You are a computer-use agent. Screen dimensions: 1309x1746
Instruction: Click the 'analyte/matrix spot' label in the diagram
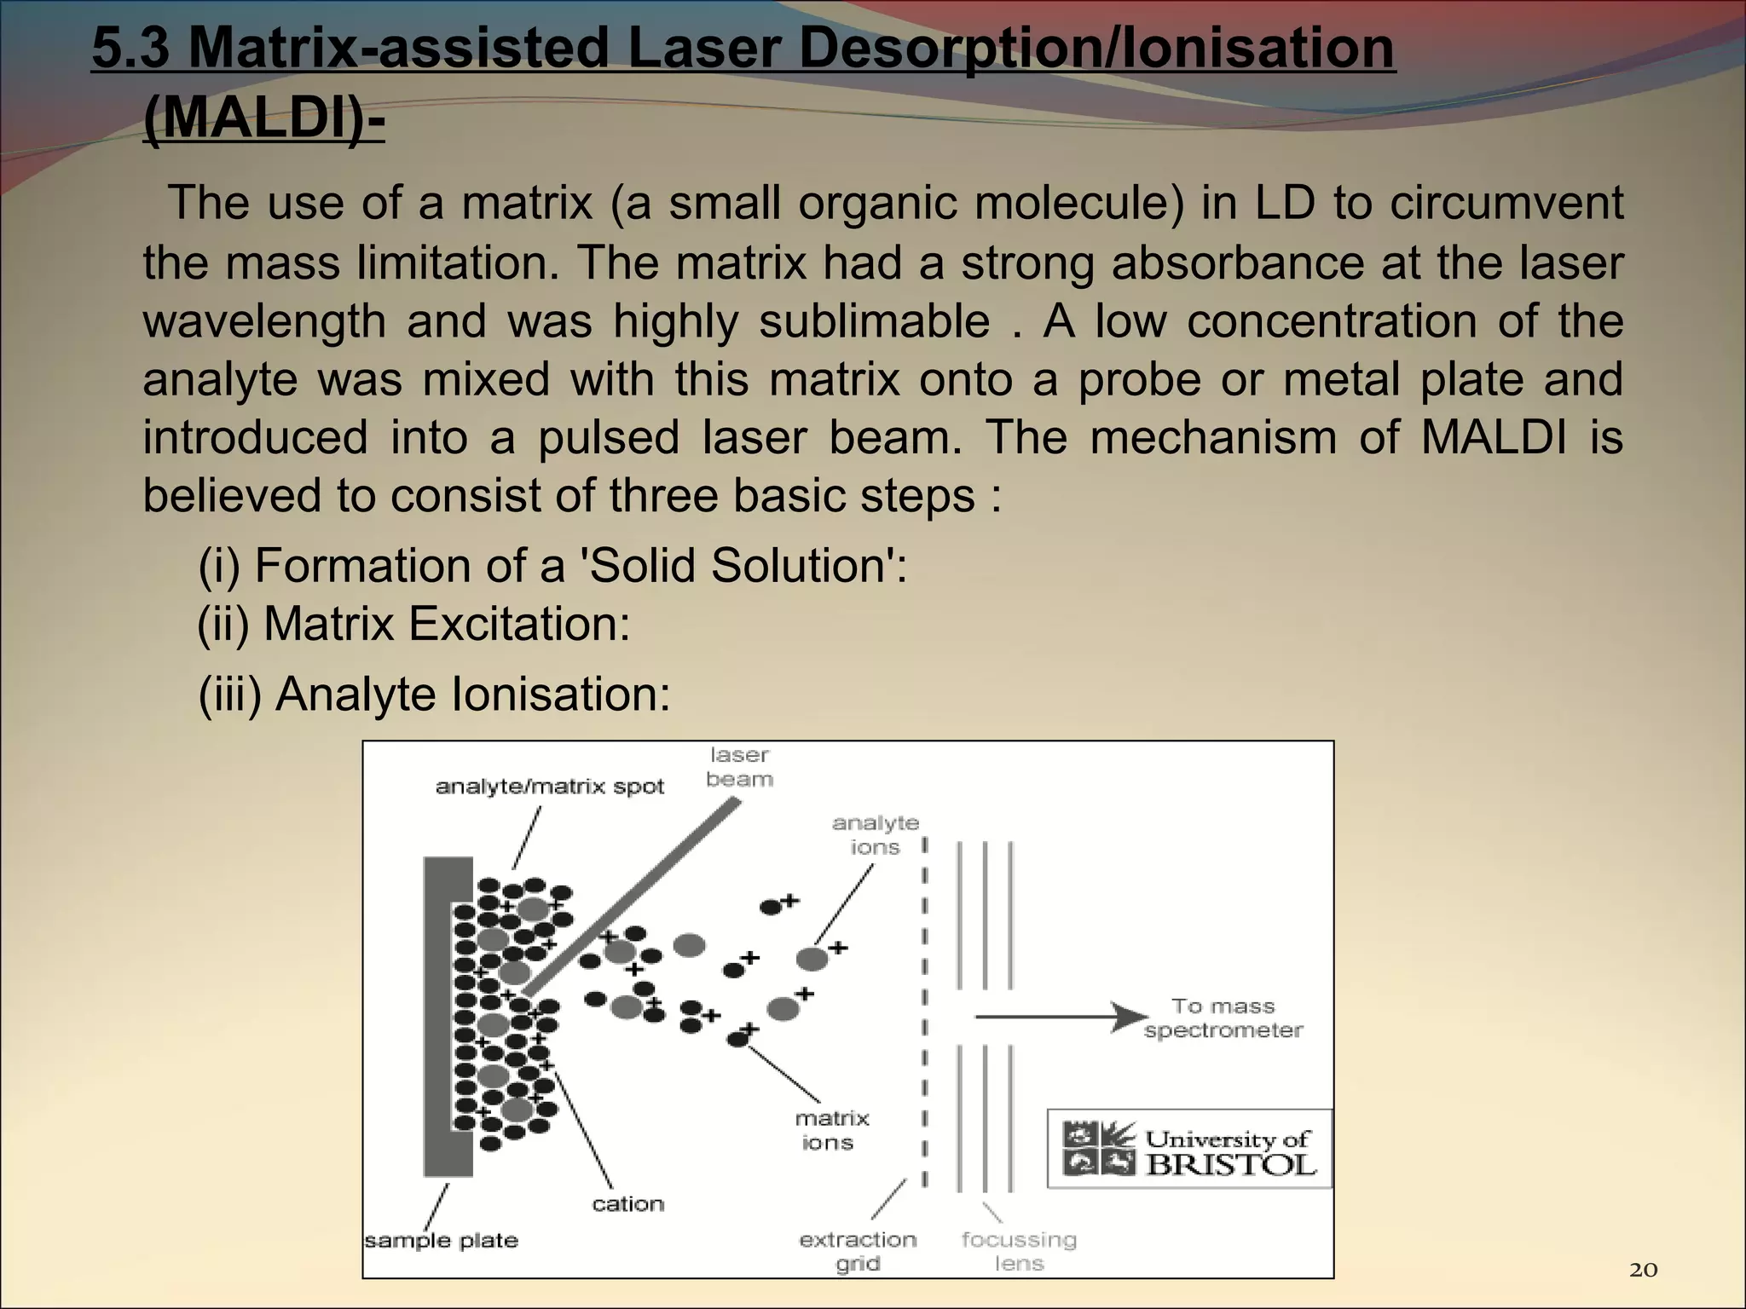click(x=549, y=787)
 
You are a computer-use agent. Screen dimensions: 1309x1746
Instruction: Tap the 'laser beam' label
click(x=739, y=767)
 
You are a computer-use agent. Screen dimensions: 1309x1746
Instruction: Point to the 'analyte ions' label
click(x=876, y=835)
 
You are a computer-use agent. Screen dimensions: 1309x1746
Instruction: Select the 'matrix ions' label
click(x=831, y=1130)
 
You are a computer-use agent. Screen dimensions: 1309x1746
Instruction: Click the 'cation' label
click(x=628, y=1203)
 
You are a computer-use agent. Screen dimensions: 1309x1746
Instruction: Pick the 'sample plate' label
click(x=441, y=1240)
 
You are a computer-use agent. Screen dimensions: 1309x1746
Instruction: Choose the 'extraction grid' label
click(x=858, y=1251)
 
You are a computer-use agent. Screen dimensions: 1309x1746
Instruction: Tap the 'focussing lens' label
click(x=1019, y=1251)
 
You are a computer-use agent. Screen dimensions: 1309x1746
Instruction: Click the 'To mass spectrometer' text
click(x=1223, y=1018)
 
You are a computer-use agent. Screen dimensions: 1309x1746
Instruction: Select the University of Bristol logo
click(x=1188, y=1149)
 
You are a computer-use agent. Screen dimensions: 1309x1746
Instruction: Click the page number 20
click(x=1643, y=1270)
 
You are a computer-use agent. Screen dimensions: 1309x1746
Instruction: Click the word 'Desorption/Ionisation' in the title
click(x=1096, y=48)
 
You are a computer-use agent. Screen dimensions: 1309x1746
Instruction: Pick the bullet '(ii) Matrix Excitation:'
click(x=414, y=624)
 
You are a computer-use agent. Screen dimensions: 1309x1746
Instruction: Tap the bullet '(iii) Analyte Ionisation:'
click(x=435, y=694)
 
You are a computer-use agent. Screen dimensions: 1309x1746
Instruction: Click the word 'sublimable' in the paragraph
click(x=874, y=321)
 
